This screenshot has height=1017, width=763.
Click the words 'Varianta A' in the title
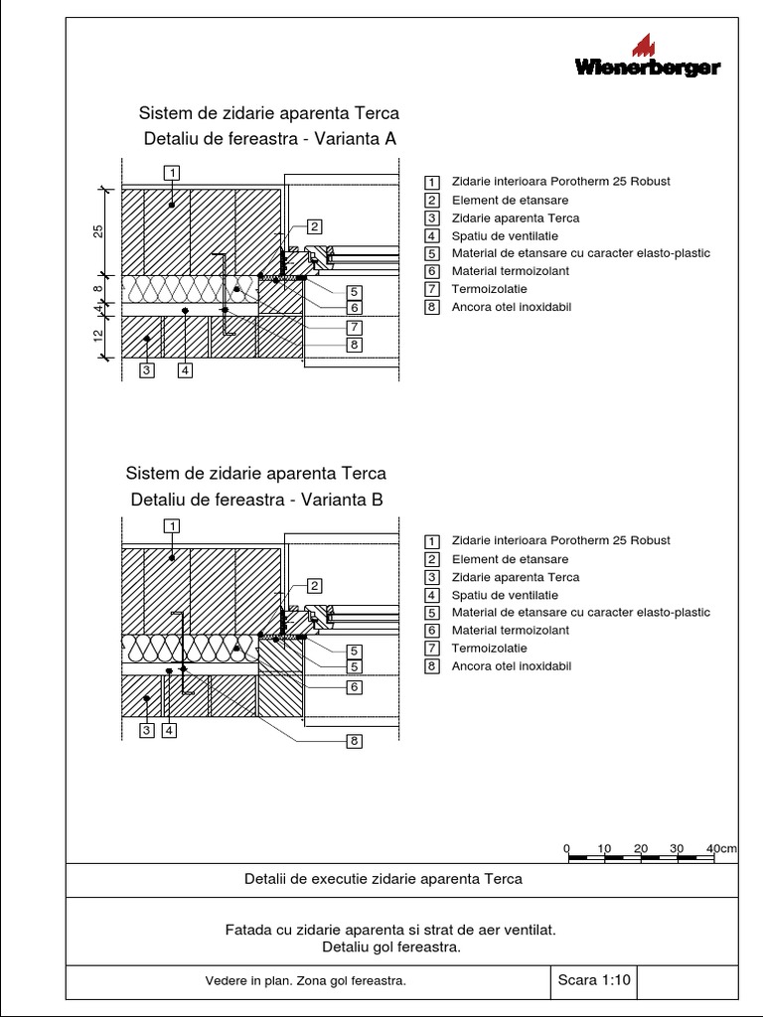coord(355,139)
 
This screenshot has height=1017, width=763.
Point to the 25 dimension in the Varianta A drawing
coord(98,230)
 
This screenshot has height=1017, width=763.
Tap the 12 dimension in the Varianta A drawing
coord(98,338)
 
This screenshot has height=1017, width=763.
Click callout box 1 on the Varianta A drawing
coord(172,173)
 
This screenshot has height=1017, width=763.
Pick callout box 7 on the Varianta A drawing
coord(354,327)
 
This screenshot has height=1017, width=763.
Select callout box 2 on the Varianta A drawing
coord(314,225)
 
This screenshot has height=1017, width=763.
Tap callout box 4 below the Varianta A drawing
coord(185,370)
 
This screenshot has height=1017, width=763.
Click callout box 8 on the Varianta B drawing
coord(354,741)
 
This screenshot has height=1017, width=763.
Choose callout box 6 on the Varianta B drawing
coord(354,686)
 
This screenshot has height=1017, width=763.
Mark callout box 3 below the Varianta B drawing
coord(146,731)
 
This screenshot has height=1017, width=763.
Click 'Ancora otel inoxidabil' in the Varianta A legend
coord(511,307)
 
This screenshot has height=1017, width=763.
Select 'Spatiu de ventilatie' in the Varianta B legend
coord(504,595)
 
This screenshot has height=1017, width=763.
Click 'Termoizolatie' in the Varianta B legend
coord(489,649)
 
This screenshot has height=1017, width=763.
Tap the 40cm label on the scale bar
coord(721,848)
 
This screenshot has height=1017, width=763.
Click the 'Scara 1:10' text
coord(594,980)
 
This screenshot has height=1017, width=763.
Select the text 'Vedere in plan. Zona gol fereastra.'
coord(306,981)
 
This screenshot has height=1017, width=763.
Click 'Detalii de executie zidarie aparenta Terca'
coord(382,879)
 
